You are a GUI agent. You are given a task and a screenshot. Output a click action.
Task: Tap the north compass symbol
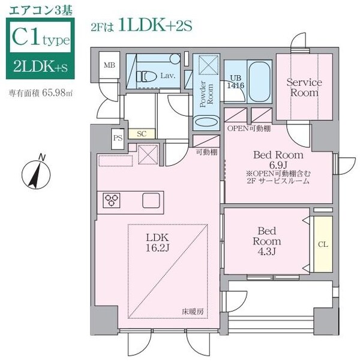tap(35, 173)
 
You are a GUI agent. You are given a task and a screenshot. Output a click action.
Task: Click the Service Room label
tap(304, 87)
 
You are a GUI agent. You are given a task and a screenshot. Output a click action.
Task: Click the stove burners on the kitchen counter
tap(112, 200)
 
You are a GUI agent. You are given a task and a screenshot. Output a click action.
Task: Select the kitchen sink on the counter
tap(150, 200)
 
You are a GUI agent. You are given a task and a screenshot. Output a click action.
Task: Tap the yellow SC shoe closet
tap(142, 133)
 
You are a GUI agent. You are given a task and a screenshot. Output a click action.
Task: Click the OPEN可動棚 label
tap(248, 128)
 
